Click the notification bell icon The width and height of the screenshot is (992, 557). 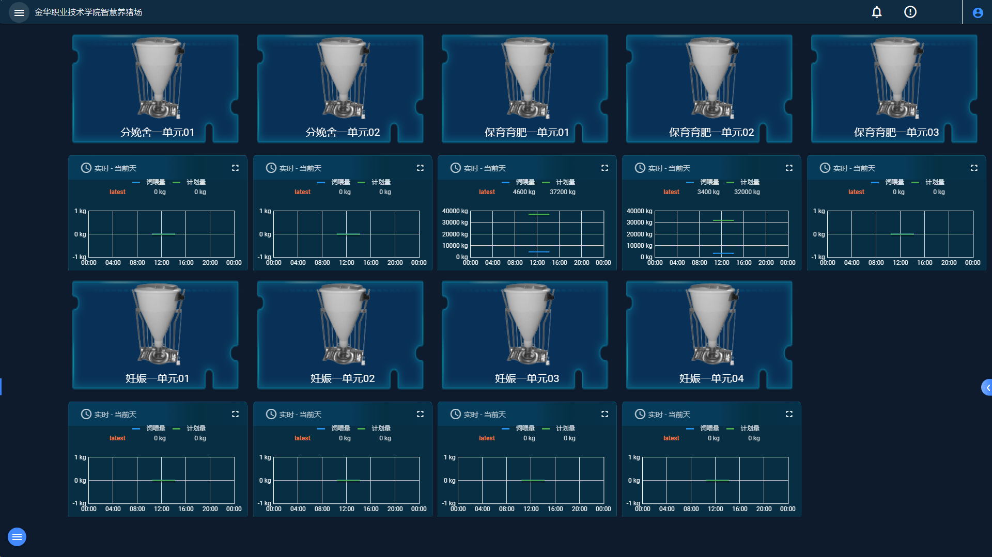(x=877, y=12)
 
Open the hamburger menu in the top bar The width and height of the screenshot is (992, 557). (x=19, y=12)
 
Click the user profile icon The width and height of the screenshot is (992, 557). (x=978, y=13)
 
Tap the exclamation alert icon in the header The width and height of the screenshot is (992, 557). (x=910, y=12)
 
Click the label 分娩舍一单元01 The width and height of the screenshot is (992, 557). (x=158, y=132)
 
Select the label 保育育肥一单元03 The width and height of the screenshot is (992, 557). (x=896, y=132)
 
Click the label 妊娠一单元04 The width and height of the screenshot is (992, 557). (x=711, y=378)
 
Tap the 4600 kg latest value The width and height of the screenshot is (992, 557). (x=524, y=192)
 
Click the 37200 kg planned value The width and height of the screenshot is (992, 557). (x=562, y=192)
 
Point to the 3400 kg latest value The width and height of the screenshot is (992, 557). (x=708, y=192)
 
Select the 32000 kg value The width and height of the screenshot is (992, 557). (x=747, y=192)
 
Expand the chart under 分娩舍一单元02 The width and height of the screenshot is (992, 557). (x=420, y=168)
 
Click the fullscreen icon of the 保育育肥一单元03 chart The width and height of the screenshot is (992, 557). (x=974, y=168)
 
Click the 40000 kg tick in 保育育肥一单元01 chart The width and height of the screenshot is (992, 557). (x=455, y=211)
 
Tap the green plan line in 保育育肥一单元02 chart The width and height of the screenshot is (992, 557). (x=723, y=220)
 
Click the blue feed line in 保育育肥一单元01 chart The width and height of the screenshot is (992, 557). (x=539, y=252)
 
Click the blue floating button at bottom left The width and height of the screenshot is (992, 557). (x=17, y=537)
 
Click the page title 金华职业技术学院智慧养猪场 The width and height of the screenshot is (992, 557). (x=88, y=12)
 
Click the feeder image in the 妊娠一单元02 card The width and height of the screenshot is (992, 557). (x=343, y=325)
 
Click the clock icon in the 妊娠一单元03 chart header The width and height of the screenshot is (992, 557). (x=455, y=414)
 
